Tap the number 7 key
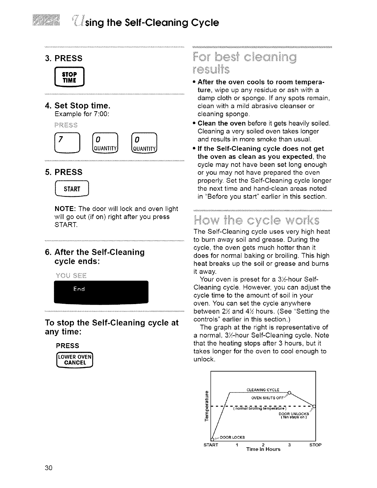click(67, 144)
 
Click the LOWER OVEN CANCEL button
click(74, 360)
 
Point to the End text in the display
click(79, 289)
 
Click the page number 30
click(49, 468)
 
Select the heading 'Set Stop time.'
click(82, 106)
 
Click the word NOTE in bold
click(63, 209)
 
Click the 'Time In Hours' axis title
click(263, 449)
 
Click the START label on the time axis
click(211, 445)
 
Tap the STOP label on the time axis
click(315, 445)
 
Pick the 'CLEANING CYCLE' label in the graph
click(263, 390)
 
